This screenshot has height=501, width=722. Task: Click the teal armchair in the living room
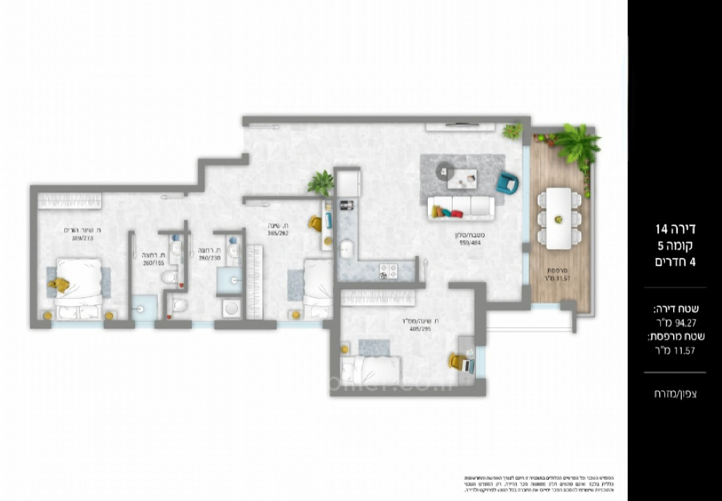(505, 182)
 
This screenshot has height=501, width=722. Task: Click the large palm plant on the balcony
(576, 144)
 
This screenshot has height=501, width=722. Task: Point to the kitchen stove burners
(388, 271)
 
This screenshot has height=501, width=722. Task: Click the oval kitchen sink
(346, 250)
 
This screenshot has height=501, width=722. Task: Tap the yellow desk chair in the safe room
(457, 362)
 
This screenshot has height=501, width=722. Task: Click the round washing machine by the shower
(231, 308)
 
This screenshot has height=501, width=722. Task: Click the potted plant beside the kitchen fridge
(322, 182)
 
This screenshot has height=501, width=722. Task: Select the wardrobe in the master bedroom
(70, 200)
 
